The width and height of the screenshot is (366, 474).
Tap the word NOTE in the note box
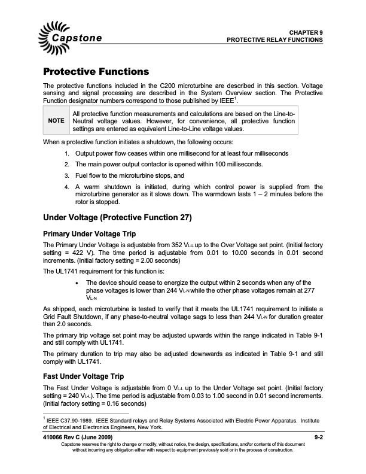(x=56, y=120)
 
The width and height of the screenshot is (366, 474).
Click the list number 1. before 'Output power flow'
(x=66, y=153)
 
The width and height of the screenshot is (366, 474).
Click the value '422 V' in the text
(x=74, y=253)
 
